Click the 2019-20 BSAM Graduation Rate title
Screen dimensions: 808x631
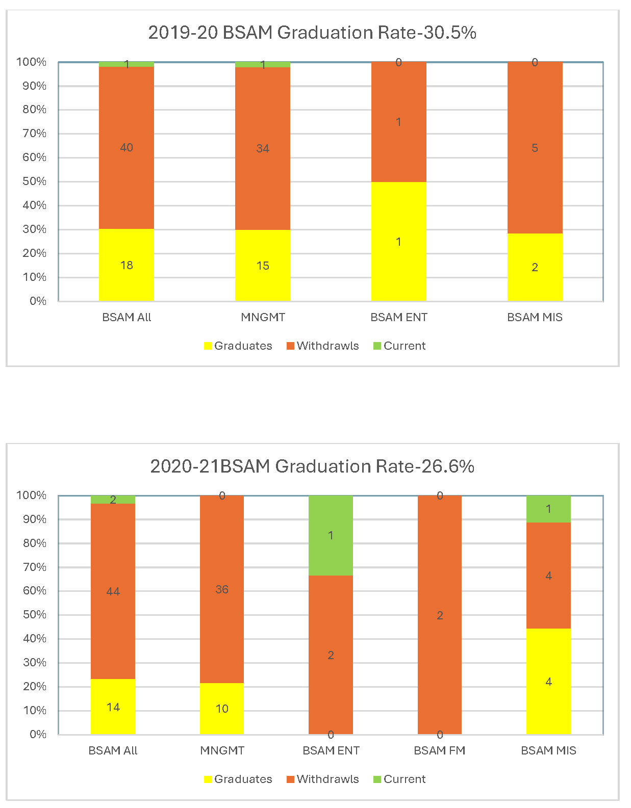pyautogui.click(x=312, y=33)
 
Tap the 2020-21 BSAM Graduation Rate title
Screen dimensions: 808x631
pyautogui.click(x=312, y=466)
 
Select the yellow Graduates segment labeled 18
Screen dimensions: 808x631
pyautogui.click(x=127, y=265)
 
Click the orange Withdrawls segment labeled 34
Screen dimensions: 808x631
pyautogui.click(x=263, y=148)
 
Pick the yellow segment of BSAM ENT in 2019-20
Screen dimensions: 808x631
pyautogui.click(x=398, y=242)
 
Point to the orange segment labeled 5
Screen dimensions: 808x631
pyautogui.click(x=535, y=148)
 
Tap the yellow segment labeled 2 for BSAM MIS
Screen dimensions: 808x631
pyautogui.click(x=535, y=267)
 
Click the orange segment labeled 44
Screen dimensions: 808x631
pyautogui.click(x=113, y=591)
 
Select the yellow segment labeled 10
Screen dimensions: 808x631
pyautogui.click(x=222, y=709)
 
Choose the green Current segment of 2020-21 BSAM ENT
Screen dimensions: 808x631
pyautogui.click(x=331, y=535)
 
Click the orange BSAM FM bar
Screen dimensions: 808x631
pyautogui.click(x=440, y=615)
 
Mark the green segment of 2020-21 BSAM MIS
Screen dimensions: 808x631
pyautogui.click(x=548, y=509)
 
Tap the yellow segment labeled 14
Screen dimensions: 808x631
pyautogui.click(x=113, y=707)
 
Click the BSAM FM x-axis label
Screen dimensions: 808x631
pyautogui.click(x=440, y=750)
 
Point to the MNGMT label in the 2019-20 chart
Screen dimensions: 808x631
pyautogui.click(x=263, y=317)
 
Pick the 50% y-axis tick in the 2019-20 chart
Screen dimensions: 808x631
pyautogui.click(x=34, y=181)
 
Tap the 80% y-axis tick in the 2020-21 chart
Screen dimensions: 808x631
pyautogui.click(x=34, y=543)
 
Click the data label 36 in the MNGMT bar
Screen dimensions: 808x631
pyautogui.click(x=222, y=589)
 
